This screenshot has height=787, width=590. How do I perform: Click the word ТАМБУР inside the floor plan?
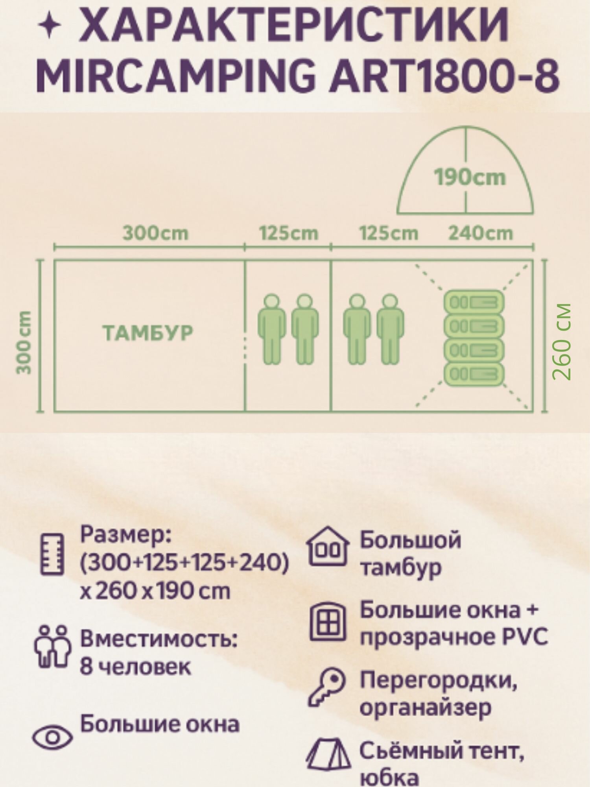click(148, 333)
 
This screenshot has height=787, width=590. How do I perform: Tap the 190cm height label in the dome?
click(470, 177)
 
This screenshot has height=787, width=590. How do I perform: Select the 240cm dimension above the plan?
click(481, 233)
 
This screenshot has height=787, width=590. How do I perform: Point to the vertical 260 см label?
click(561, 341)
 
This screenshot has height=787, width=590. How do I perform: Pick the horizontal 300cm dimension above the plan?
click(156, 233)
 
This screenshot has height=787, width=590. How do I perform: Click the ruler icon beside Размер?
click(52, 554)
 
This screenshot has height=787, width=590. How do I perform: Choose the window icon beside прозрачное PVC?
click(328, 622)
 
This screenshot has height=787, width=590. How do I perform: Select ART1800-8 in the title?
click(444, 76)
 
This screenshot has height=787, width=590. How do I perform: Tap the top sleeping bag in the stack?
click(474, 303)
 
